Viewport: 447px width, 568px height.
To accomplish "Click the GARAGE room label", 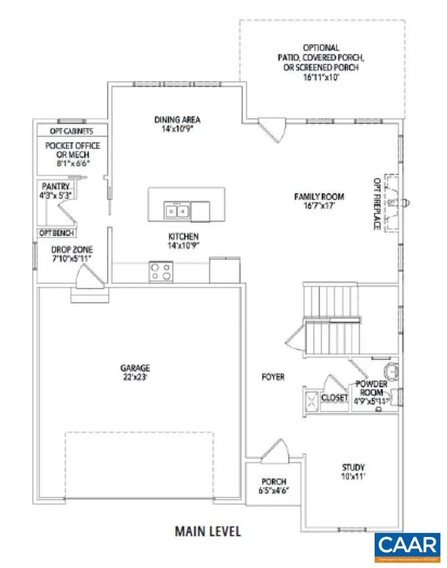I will (135, 368).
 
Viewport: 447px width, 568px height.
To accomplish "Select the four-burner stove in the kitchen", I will (160, 271).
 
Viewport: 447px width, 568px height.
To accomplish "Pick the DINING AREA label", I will (177, 119).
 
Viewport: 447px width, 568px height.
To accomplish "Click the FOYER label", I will (273, 377).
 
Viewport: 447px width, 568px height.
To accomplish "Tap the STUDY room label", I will (353, 468).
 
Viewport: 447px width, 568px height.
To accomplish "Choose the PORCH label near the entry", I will (274, 482).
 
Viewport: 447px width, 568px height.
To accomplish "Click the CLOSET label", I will (335, 398).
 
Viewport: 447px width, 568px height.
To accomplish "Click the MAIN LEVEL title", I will (208, 531).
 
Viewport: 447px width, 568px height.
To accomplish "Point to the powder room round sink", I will (391, 369).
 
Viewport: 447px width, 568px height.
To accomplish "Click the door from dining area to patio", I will (273, 128).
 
